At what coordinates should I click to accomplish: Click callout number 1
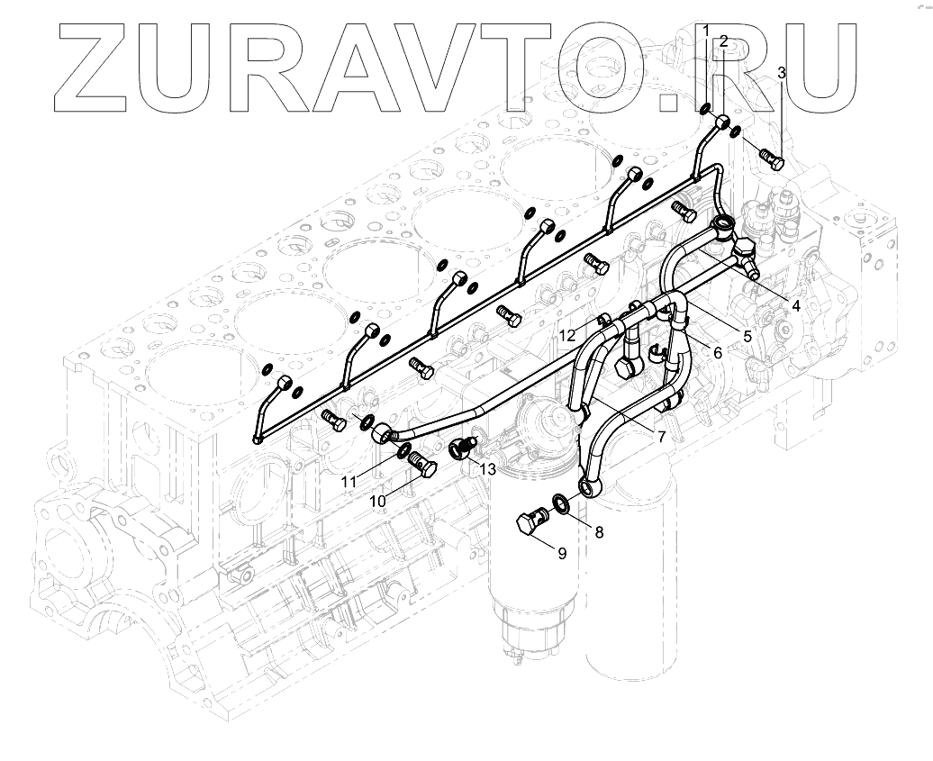(x=707, y=31)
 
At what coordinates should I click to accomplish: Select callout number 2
(x=722, y=41)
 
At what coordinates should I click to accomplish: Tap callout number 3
(x=782, y=72)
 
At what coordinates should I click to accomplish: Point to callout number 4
(x=796, y=305)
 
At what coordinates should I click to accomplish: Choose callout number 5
(x=747, y=336)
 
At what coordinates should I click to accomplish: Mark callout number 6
(x=718, y=352)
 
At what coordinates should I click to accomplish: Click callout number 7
(x=661, y=436)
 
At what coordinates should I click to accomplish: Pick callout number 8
(x=599, y=531)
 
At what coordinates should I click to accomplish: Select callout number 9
(x=562, y=553)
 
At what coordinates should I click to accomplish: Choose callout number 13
(x=487, y=468)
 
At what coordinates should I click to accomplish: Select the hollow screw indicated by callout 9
(x=530, y=523)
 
